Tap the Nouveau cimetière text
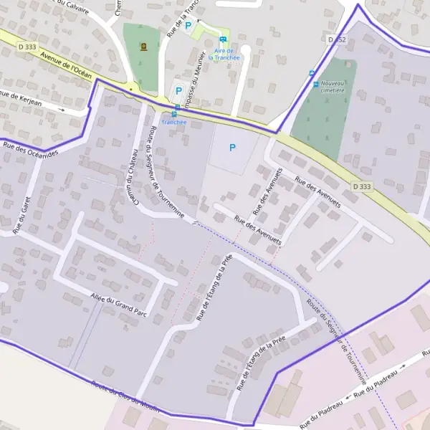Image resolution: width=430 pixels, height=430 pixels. [333, 87]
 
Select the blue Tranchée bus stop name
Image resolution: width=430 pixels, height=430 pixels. [173, 122]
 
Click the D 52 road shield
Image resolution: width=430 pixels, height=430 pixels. [336, 39]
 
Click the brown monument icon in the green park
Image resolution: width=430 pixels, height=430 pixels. [144, 47]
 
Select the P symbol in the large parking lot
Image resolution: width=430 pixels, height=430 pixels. [231, 148]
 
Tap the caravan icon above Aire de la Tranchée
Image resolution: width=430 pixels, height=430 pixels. [224, 39]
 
